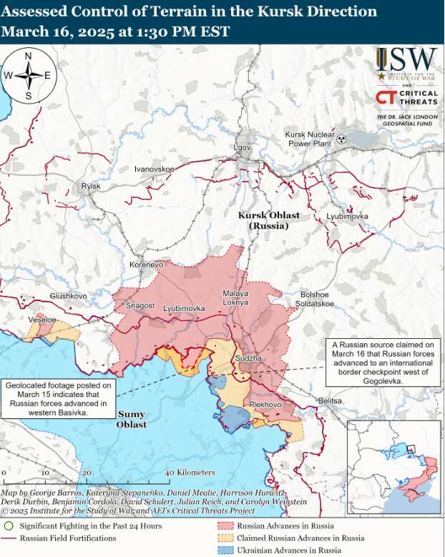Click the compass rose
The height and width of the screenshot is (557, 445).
click(29, 75)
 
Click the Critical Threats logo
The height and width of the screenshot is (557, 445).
click(406, 98)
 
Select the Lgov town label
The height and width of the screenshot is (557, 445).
click(243, 148)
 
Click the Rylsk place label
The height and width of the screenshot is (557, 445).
click(91, 186)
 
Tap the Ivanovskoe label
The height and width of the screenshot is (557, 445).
click(155, 169)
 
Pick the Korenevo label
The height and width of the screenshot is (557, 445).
click(147, 265)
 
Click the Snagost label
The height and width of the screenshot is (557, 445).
click(140, 306)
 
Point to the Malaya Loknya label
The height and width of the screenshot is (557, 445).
click(235, 298)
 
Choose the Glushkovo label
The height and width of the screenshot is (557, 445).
click(68, 296)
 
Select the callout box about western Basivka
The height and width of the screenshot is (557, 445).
click(58, 398)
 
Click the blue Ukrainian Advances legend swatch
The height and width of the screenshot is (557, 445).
click(227, 550)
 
